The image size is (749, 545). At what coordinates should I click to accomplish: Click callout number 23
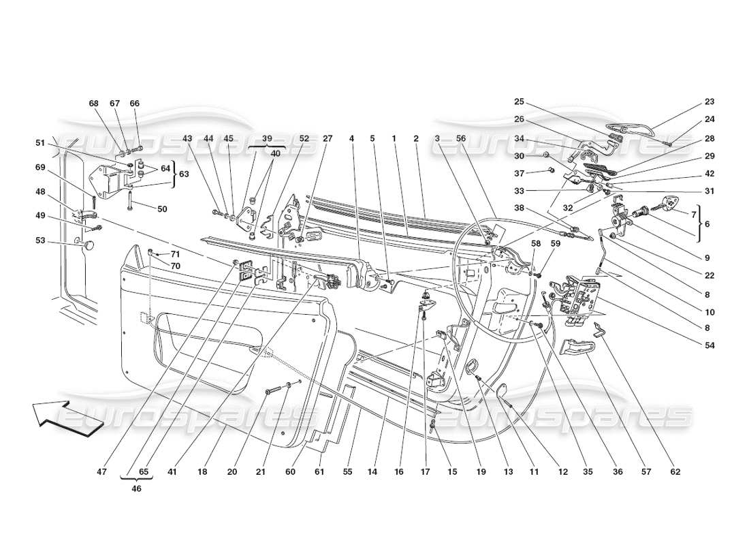(x=709, y=102)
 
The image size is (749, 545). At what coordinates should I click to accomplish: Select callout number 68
(x=94, y=104)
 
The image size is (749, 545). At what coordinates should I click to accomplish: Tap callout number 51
(x=40, y=143)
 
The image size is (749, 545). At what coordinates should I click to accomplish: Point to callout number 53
(x=40, y=240)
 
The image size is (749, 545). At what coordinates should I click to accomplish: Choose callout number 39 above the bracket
(x=257, y=138)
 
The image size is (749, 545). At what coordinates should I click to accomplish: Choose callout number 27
(x=328, y=138)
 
